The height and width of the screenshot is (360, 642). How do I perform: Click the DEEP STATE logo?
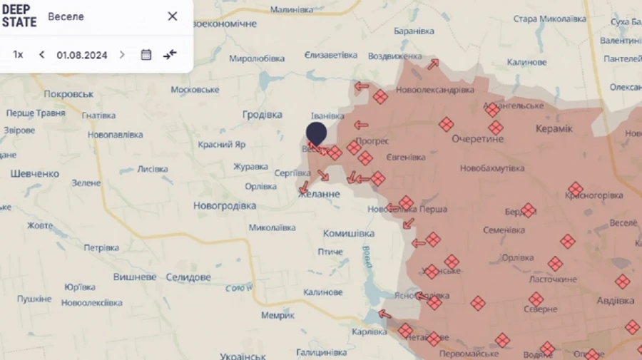(19, 16)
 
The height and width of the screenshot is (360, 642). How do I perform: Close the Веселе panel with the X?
(173, 16)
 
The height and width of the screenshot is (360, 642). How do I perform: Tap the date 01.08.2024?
(82, 55)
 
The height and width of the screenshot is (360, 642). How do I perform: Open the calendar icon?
(146, 55)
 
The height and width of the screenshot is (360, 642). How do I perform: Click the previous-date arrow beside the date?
(42, 55)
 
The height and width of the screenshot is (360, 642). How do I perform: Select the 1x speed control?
(19, 55)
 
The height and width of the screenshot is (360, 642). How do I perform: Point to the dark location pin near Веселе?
(317, 133)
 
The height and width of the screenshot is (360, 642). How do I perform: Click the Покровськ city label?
(68, 94)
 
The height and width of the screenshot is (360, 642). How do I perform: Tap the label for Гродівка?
(263, 114)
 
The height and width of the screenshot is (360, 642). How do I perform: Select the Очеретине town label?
(477, 139)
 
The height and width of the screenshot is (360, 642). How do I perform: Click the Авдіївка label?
(615, 301)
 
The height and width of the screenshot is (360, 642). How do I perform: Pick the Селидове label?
(188, 277)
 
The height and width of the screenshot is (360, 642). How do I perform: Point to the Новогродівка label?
(225, 205)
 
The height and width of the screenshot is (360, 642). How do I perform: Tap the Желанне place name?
(320, 194)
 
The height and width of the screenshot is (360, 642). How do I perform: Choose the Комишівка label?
(349, 233)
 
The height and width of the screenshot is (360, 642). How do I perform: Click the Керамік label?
(554, 128)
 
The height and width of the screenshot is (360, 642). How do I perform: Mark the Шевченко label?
(35, 173)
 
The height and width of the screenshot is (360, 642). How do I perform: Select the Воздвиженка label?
(394, 56)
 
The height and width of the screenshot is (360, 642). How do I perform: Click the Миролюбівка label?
(257, 58)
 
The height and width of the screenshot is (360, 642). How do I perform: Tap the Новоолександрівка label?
(435, 91)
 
